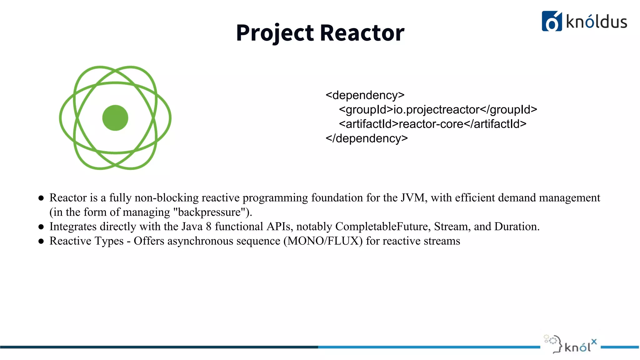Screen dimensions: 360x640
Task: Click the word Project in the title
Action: [x=274, y=33]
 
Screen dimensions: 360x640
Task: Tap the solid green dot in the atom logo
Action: [x=115, y=118]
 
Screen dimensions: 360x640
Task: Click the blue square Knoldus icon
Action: [x=552, y=21]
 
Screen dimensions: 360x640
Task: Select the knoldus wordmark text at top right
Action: [x=596, y=22]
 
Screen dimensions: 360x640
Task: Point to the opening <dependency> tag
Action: [x=365, y=95]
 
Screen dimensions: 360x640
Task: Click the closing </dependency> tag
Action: [x=367, y=138]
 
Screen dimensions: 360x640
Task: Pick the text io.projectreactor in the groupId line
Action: [x=436, y=109]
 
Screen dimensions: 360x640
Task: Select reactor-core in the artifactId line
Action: [x=431, y=124]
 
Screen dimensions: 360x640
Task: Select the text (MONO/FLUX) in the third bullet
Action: [x=323, y=241]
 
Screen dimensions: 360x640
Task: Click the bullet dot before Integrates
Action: [x=41, y=227]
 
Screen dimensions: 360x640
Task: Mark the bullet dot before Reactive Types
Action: [x=41, y=241]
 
